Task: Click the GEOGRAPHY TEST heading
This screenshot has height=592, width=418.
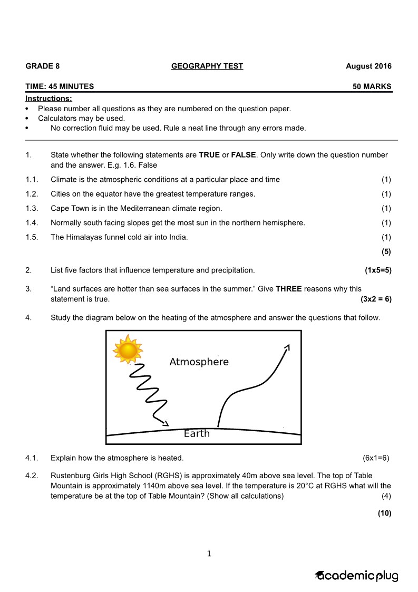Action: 207,66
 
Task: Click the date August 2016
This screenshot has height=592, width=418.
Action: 368,66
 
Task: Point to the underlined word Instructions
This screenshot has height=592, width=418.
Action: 48,99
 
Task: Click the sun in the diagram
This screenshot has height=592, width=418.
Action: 128,349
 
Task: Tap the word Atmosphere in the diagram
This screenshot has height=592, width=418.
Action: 199,362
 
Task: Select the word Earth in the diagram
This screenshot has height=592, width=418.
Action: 197,434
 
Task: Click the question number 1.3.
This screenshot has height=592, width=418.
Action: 32,208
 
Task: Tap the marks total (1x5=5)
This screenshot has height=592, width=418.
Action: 378,270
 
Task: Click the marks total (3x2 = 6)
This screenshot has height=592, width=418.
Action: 376,299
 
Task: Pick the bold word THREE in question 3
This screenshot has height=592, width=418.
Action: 288,289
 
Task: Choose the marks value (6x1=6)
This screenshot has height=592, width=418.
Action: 376,458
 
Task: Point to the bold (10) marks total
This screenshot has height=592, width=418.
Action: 384,513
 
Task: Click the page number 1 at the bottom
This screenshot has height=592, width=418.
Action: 209,554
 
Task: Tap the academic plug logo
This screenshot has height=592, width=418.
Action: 357,576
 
